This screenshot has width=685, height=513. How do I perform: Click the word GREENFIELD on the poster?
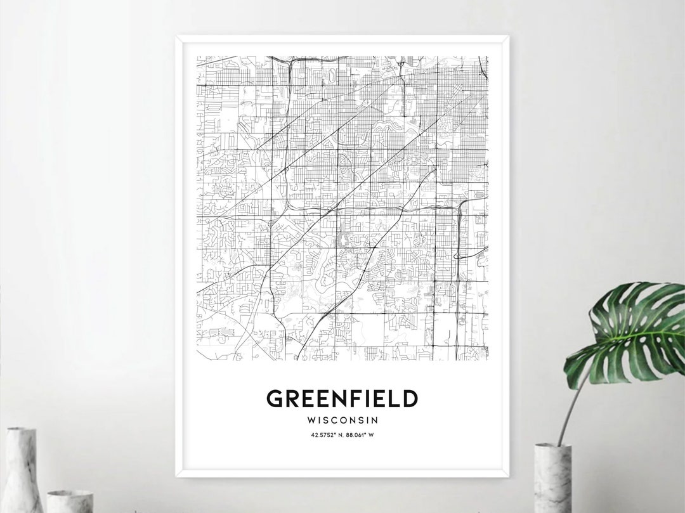coord(342,399)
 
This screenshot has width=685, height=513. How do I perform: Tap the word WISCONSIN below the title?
coord(342,420)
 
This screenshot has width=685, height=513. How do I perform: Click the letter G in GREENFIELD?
coord(275,399)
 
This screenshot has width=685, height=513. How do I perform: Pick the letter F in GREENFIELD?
coord(351,399)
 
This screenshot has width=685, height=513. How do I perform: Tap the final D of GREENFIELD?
coord(410,399)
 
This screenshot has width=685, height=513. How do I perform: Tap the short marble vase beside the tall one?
coord(70,501)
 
